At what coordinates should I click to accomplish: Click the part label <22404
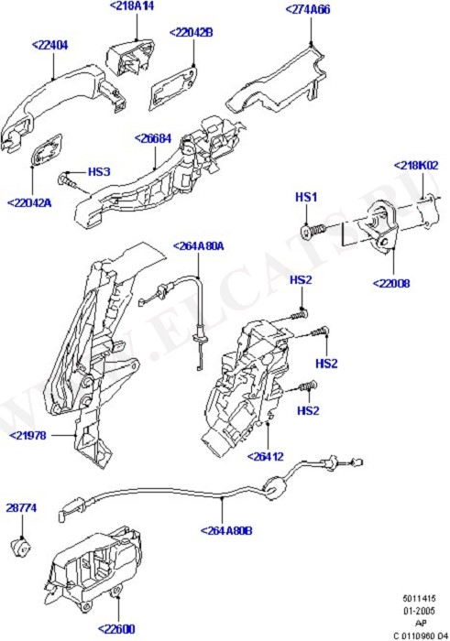[x=49, y=45]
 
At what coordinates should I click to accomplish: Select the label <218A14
[x=132, y=6]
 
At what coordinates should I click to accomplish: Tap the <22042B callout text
[x=191, y=32]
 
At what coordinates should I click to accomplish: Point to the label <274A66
[x=308, y=9]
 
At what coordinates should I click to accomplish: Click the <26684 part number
[x=153, y=138]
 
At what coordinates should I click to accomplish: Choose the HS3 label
[x=99, y=172]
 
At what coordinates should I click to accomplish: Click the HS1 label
[x=306, y=198]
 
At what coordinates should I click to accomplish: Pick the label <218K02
[x=416, y=166]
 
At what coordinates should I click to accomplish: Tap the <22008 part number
[x=391, y=283]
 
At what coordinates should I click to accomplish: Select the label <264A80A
[x=198, y=246]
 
